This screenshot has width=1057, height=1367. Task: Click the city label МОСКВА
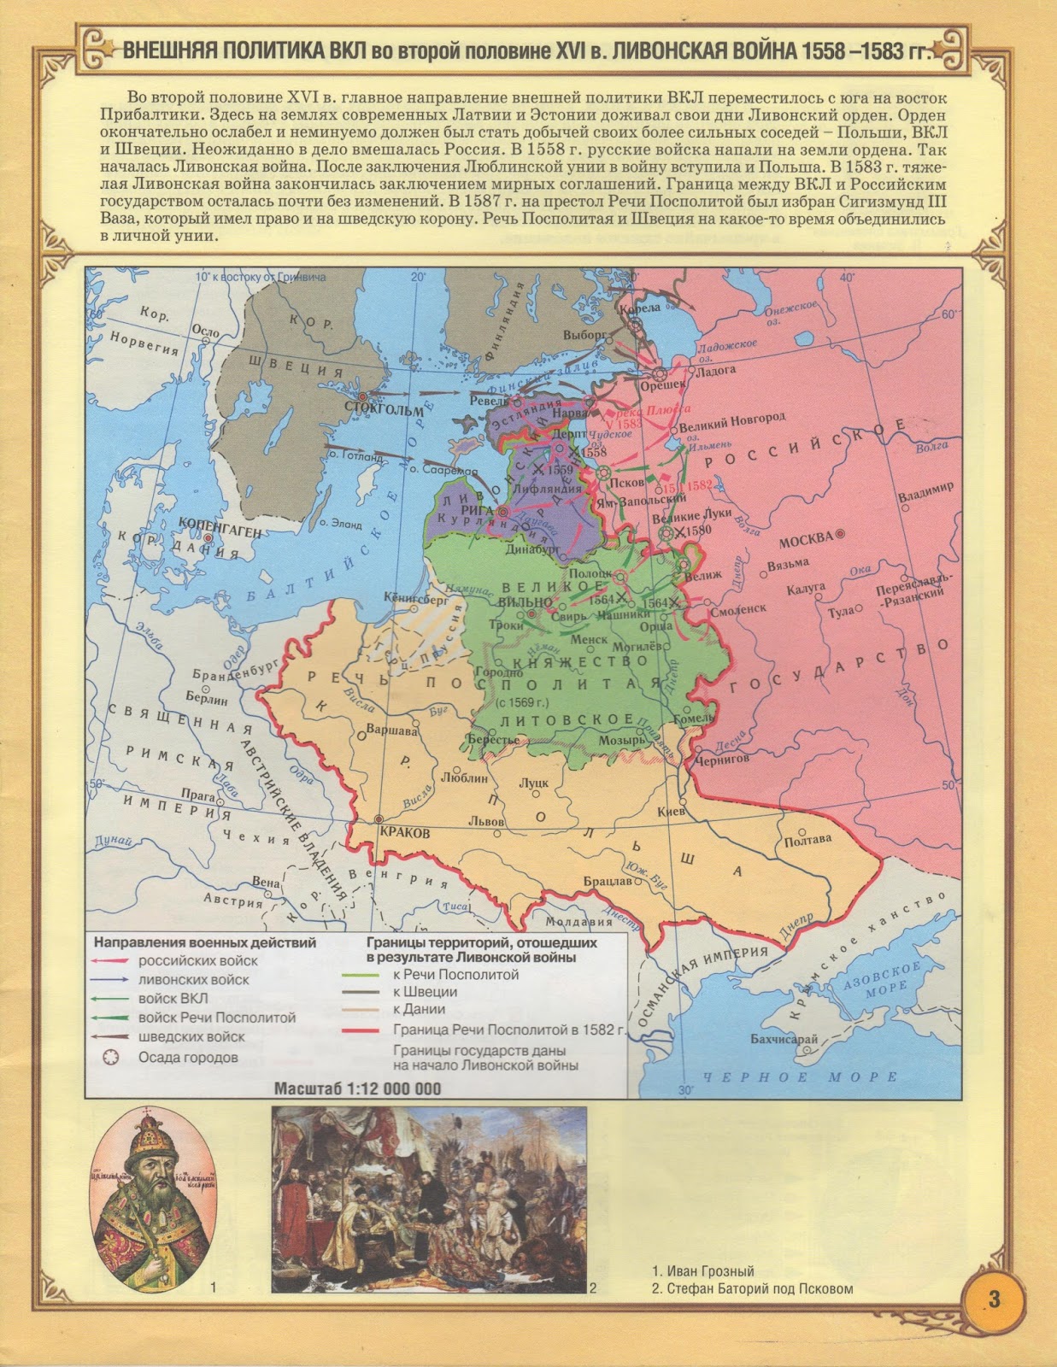click(x=805, y=539)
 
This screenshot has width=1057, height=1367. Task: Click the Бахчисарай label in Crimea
click(x=784, y=1039)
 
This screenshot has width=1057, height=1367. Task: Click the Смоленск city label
click(x=741, y=611)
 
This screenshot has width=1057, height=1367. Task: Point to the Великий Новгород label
click(x=731, y=419)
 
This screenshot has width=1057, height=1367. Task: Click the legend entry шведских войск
click(x=191, y=1036)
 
